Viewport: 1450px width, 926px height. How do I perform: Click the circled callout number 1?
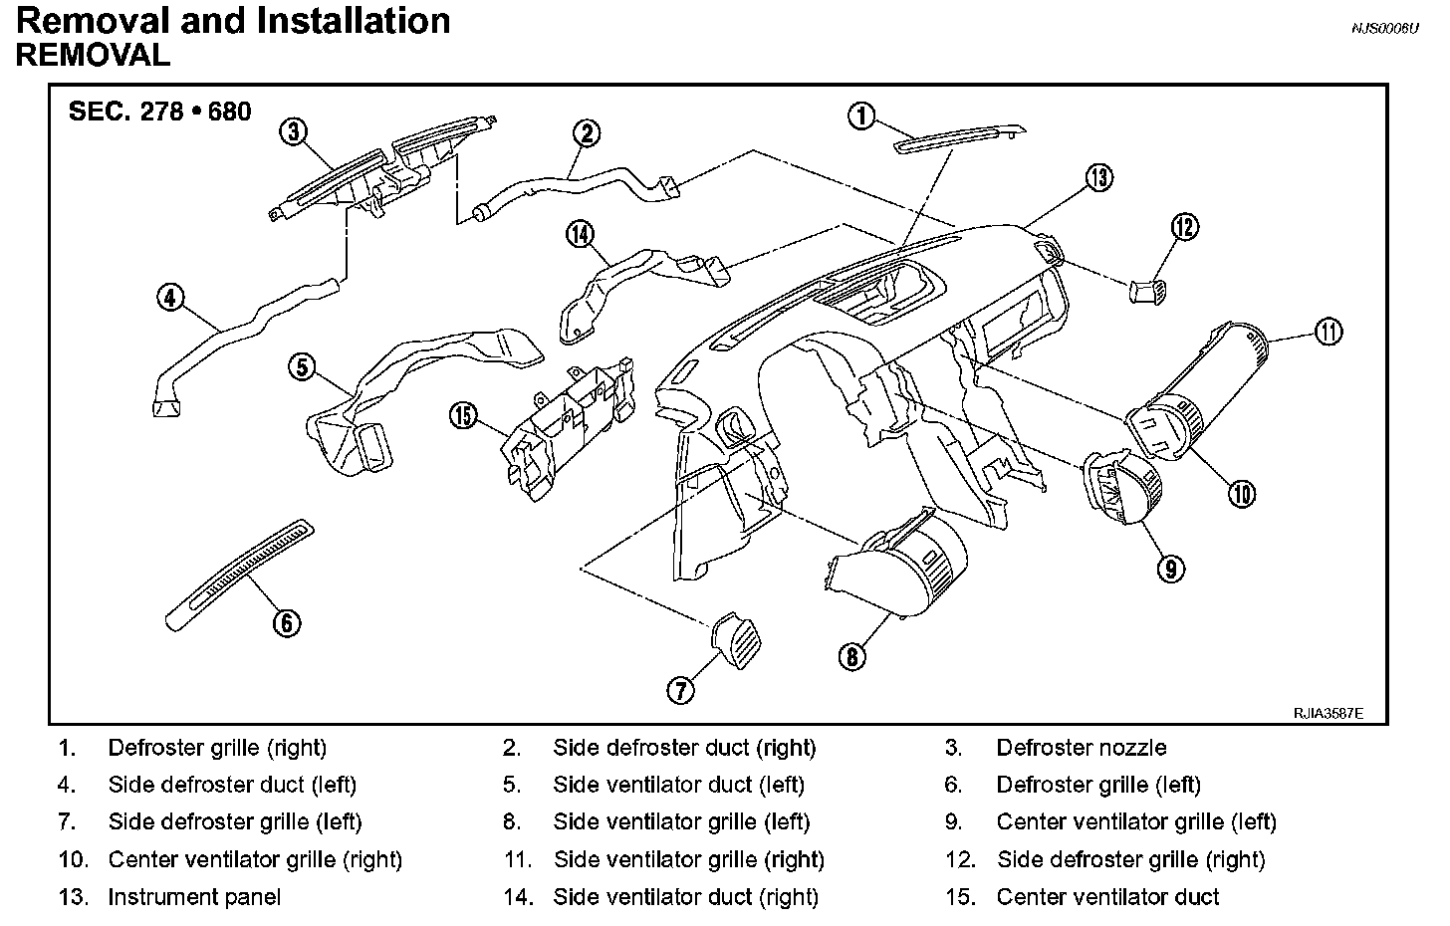pyautogui.click(x=860, y=116)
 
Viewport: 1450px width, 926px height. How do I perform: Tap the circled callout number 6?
pyautogui.click(x=286, y=623)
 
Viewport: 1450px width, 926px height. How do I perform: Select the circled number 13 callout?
pyautogui.click(x=1098, y=177)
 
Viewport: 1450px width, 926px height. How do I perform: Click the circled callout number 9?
pyautogui.click(x=1170, y=568)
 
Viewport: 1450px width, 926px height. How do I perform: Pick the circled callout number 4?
pyautogui.click(x=171, y=297)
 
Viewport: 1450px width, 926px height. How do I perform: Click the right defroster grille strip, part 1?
pyautogui.click(x=961, y=137)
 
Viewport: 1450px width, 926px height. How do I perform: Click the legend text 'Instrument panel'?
pyautogui.click(x=194, y=897)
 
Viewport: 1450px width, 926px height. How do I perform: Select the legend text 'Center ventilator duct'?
pyautogui.click(x=1107, y=897)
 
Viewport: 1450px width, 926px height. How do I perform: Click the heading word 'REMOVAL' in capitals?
pyautogui.click(x=93, y=56)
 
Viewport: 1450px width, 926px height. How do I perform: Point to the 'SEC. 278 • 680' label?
pyautogui.click(x=159, y=111)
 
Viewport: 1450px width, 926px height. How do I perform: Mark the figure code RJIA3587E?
pyautogui.click(x=1328, y=714)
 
